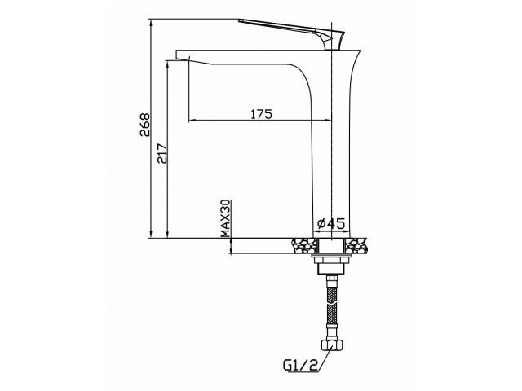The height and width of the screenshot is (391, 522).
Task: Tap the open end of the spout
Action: [182, 57]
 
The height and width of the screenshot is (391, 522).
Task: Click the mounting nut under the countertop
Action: [331, 260]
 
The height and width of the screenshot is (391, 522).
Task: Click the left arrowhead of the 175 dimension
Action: [192, 121]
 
